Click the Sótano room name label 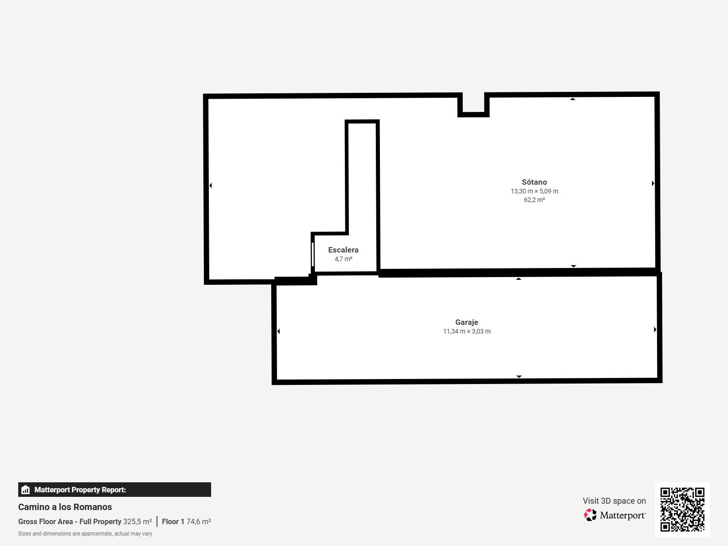coord(534,182)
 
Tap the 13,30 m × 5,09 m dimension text coord(534,191)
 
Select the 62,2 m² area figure coord(534,200)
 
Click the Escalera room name coord(343,250)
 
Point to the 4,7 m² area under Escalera coord(343,259)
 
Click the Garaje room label coord(467,322)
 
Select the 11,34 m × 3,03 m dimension coord(467,331)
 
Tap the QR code coord(682,509)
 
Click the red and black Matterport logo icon coord(590,515)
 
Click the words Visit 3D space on coord(614,500)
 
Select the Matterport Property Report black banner coord(114,489)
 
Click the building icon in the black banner coord(25,490)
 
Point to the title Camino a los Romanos coord(65,507)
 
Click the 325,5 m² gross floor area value coord(137,521)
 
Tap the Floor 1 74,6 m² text coord(187,521)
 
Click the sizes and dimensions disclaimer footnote coord(85,534)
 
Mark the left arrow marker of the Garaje coord(278,331)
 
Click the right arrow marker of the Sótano coord(653,183)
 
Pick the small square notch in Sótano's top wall coord(473,105)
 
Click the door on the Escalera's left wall coord(313,254)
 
